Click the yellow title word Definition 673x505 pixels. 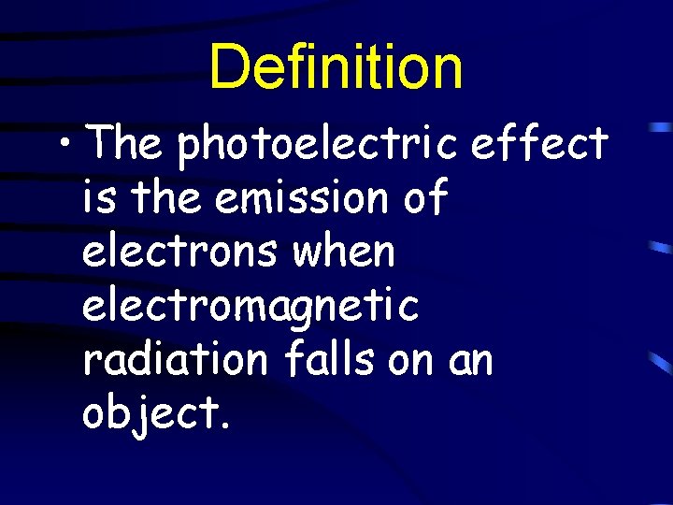(x=336, y=67)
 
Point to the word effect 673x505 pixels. (x=541, y=144)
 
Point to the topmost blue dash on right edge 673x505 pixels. (x=660, y=125)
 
